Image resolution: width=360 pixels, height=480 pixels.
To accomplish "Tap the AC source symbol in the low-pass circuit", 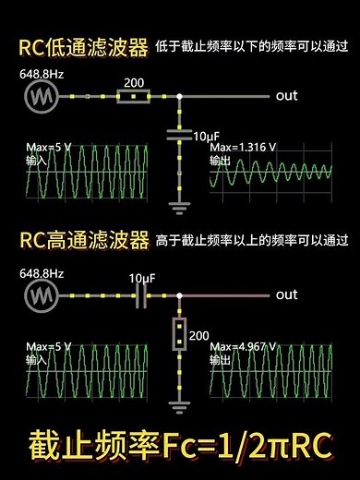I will click(40, 95).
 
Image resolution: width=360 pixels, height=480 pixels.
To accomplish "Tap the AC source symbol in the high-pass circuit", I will click(40, 295).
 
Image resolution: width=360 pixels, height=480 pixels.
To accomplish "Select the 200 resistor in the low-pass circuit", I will click(135, 95).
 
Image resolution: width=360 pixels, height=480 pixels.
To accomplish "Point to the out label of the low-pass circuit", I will click(287, 95).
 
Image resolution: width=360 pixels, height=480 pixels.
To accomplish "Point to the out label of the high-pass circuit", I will click(287, 295).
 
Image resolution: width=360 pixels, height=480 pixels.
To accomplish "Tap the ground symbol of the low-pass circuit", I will click(178, 204).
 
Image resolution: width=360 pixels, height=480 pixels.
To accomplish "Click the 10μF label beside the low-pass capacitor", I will click(206, 136).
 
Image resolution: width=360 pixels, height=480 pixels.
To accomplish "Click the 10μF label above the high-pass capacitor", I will click(142, 278).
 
